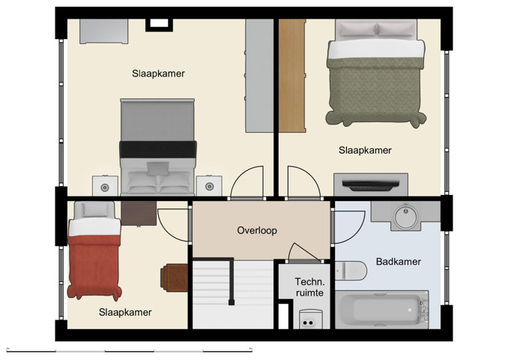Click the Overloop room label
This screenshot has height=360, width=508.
(257, 230)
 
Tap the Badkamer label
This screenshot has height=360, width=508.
(398, 262)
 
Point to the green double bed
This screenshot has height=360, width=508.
(373, 75)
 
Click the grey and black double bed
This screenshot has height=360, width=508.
(158, 147)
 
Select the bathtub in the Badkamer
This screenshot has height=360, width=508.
(381, 310)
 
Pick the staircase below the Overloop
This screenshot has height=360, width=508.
(232, 293)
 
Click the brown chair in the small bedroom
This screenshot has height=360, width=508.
(174, 276)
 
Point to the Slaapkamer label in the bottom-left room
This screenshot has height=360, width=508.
(126, 312)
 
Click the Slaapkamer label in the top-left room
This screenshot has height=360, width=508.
(158, 73)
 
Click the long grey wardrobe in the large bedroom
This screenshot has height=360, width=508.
(259, 75)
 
